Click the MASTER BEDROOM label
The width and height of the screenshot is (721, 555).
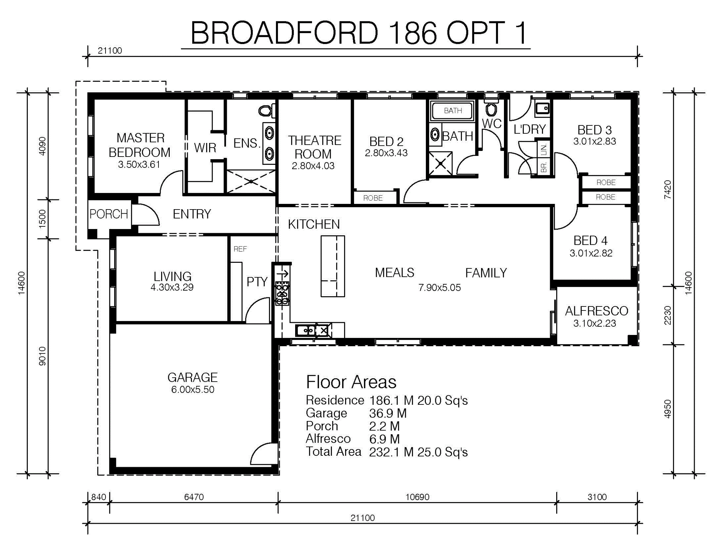[140, 145]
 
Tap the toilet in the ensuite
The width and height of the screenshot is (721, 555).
[266, 111]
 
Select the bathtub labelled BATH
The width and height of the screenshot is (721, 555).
[453, 111]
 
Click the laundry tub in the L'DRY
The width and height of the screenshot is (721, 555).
[542, 108]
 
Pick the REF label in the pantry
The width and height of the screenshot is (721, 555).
[240, 249]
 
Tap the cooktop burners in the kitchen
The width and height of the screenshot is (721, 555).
[282, 293]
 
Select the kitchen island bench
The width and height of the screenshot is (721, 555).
[333, 266]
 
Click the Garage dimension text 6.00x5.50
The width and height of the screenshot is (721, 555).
[193, 389]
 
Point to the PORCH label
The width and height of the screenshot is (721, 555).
[109, 214]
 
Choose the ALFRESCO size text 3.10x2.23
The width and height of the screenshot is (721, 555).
[595, 323]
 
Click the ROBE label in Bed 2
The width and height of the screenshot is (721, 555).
[373, 198]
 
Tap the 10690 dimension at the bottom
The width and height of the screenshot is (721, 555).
[417, 497]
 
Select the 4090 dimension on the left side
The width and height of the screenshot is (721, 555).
[42, 146]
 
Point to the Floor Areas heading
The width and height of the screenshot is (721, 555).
[351, 382]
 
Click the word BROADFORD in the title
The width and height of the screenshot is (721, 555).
[285, 33]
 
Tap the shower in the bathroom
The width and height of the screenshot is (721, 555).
[440, 163]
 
